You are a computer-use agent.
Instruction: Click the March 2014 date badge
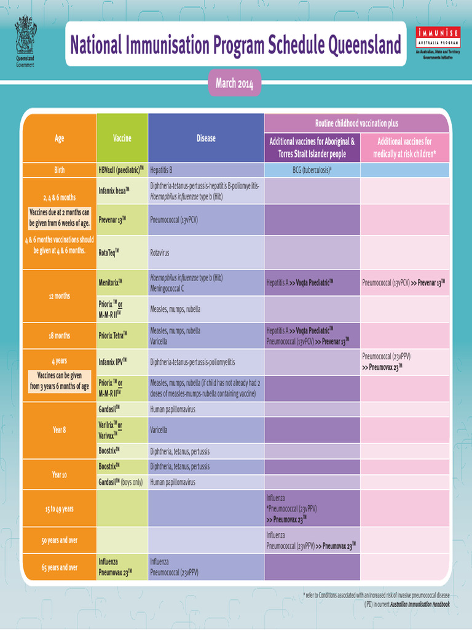click(x=234, y=83)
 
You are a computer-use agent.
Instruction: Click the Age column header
click(x=59, y=138)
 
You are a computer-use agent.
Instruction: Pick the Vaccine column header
click(x=122, y=138)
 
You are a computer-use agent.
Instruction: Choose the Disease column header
click(x=206, y=138)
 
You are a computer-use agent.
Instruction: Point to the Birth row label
click(x=59, y=170)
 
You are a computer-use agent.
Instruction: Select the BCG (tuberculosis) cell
click(x=312, y=170)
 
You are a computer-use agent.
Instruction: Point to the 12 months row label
click(x=59, y=296)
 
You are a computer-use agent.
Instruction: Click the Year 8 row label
click(x=59, y=430)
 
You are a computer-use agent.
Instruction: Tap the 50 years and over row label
click(x=59, y=540)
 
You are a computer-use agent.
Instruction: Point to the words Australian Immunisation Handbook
click(x=420, y=604)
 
